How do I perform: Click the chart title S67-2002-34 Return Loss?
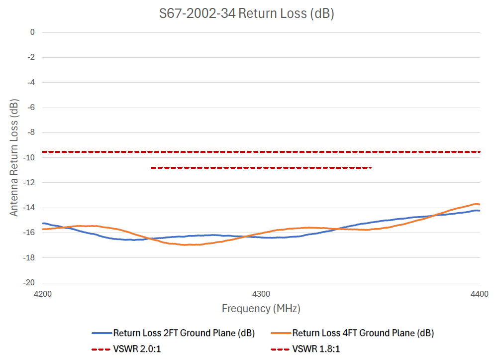(246, 14)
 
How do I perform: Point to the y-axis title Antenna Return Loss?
(14, 157)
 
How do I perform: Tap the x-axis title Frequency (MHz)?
(261, 309)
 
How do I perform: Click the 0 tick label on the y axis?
(32, 32)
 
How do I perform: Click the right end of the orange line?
(480, 204)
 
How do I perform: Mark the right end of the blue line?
(480, 211)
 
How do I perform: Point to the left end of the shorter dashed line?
(151, 168)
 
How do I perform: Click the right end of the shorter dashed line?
(371, 168)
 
